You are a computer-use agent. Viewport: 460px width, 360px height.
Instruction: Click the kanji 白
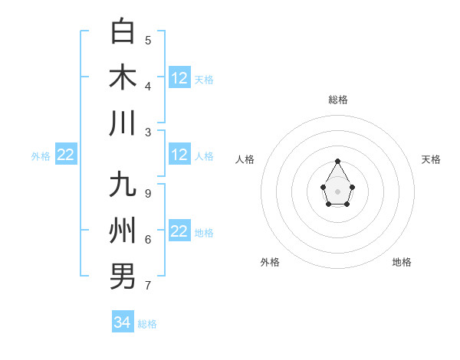tap(123, 32)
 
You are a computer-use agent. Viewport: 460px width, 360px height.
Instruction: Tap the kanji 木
tap(123, 77)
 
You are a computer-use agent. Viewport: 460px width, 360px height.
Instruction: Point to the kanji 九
tap(123, 186)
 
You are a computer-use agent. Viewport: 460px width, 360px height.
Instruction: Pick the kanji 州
tap(123, 231)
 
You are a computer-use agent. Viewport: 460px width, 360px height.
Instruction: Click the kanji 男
tap(123, 276)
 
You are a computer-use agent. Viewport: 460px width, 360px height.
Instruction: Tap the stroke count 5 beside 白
tap(148, 41)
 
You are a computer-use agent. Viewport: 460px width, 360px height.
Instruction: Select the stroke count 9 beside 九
tap(148, 194)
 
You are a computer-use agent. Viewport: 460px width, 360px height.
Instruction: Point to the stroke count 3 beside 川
tap(148, 132)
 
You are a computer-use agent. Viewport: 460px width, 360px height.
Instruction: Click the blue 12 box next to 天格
tap(179, 78)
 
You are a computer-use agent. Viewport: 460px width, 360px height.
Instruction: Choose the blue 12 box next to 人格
tap(179, 155)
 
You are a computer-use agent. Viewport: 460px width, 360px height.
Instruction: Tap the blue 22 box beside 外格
tap(66, 155)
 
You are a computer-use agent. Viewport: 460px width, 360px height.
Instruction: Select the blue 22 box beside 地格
tap(179, 231)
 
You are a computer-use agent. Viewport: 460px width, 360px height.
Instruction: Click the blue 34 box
tap(123, 322)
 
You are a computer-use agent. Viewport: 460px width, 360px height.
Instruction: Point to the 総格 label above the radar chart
tap(338, 100)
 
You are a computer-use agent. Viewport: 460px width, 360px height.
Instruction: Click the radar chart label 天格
tap(431, 159)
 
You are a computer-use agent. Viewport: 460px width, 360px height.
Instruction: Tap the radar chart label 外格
tap(270, 262)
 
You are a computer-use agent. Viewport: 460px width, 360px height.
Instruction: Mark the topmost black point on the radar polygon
tap(337, 161)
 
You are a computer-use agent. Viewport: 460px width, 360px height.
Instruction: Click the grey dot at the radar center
tap(337, 191)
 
